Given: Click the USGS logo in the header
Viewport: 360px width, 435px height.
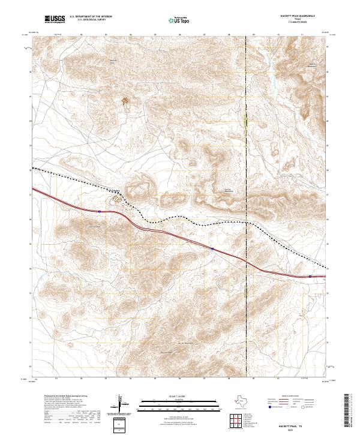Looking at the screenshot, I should [55, 20].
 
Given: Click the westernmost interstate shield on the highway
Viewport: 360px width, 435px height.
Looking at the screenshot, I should [99, 211].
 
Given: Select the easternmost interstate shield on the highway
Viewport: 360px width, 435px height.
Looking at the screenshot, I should [310, 276].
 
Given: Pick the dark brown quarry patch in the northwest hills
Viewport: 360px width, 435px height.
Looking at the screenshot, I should [125, 101].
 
